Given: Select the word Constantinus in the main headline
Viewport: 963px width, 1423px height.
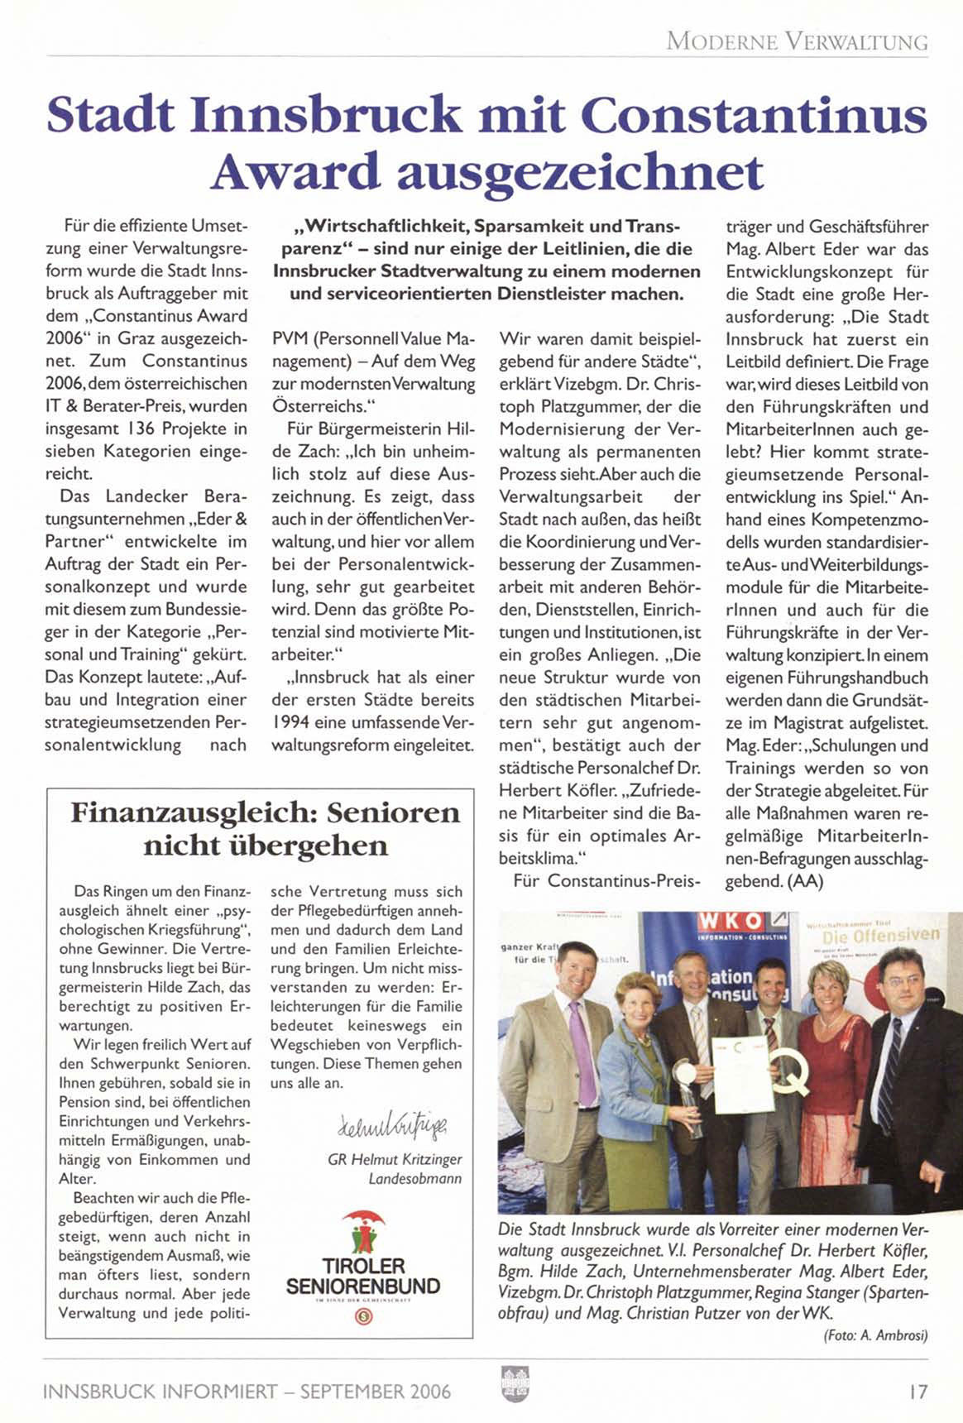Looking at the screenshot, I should click(x=753, y=114).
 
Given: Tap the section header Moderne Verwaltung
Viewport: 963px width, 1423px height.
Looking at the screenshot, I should click(x=797, y=41).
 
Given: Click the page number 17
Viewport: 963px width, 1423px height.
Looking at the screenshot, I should click(x=917, y=1391).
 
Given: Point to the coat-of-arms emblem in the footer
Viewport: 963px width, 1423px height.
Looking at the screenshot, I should click(x=515, y=1383).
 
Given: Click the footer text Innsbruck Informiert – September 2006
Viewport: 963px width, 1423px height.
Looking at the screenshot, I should click(x=247, y=1392).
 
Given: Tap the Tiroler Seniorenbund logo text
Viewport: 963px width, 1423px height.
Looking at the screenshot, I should click(x=363, y=1276).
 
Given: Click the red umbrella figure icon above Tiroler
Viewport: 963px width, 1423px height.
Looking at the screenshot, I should click(x=363, y=1229).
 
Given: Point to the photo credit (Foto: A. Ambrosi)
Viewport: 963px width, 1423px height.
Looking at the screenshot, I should click(x=876, y=1335).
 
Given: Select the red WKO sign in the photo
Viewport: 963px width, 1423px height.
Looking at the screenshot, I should click(x=731, y=922).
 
